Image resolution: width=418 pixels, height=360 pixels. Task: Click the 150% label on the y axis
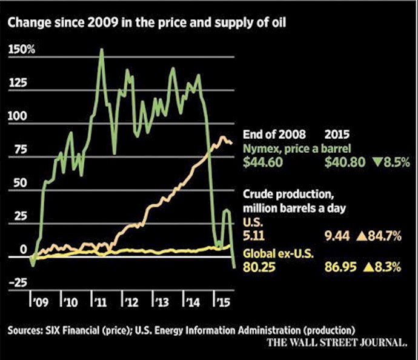(x=22, y=49)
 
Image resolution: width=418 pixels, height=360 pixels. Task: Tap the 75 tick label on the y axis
(x=18, y=149)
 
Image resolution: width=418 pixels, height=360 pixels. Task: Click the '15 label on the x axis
(x=224, y=301)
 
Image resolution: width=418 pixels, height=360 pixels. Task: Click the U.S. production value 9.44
(x=335, y=236)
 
